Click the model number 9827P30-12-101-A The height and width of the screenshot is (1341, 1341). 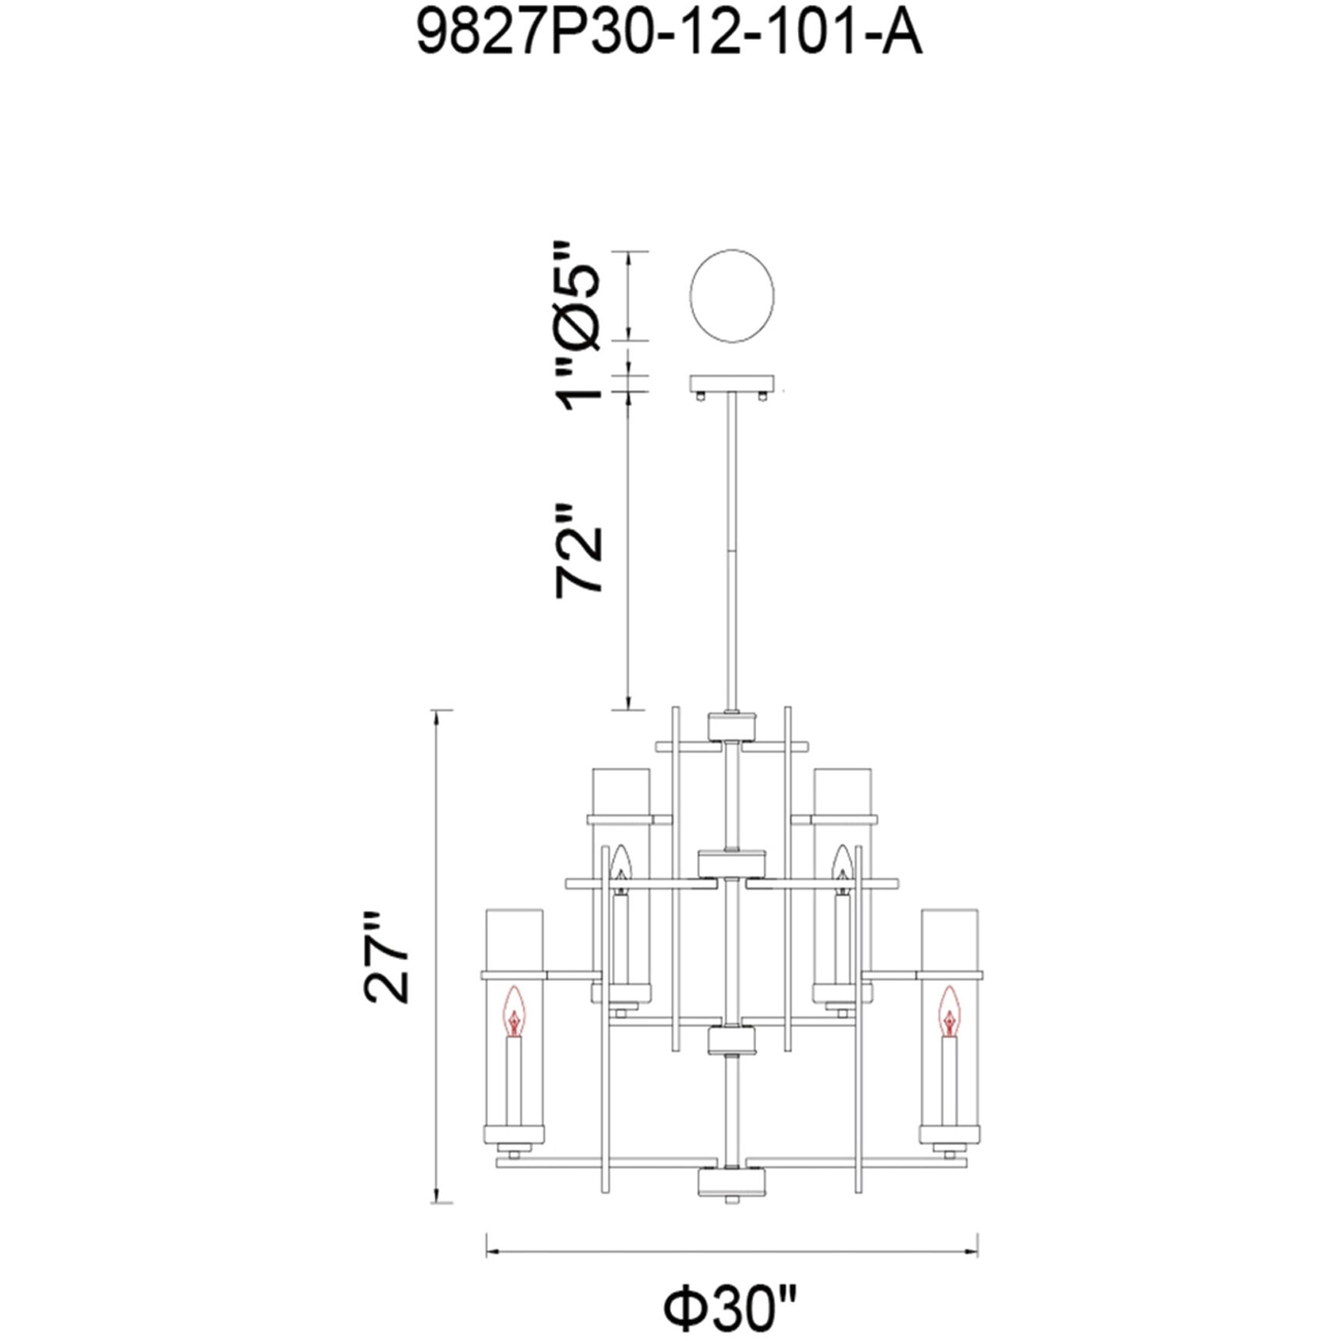[x=669, y=35]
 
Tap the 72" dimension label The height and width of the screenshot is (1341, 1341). [x=578, y=550]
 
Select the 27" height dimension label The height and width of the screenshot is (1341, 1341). [x=386, y=957]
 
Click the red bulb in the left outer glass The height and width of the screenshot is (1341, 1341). [x=514, y=1010]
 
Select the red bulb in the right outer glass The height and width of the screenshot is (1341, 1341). [x=950, y=1010]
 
